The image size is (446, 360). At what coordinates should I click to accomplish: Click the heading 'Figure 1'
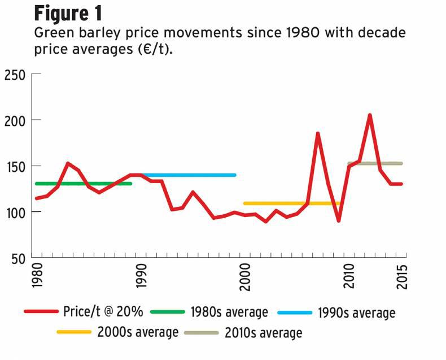(x=68, y=13)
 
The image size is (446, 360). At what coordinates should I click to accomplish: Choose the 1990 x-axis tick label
(x=141, y=277)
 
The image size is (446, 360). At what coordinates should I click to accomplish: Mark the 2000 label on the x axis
(x=244, y=277)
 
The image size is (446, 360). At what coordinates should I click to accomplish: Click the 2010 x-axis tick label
(x=349, y=277)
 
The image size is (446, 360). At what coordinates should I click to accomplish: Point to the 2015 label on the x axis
(x=402, y=277)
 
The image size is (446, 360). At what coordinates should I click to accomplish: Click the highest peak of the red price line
(x=370, y=115)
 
